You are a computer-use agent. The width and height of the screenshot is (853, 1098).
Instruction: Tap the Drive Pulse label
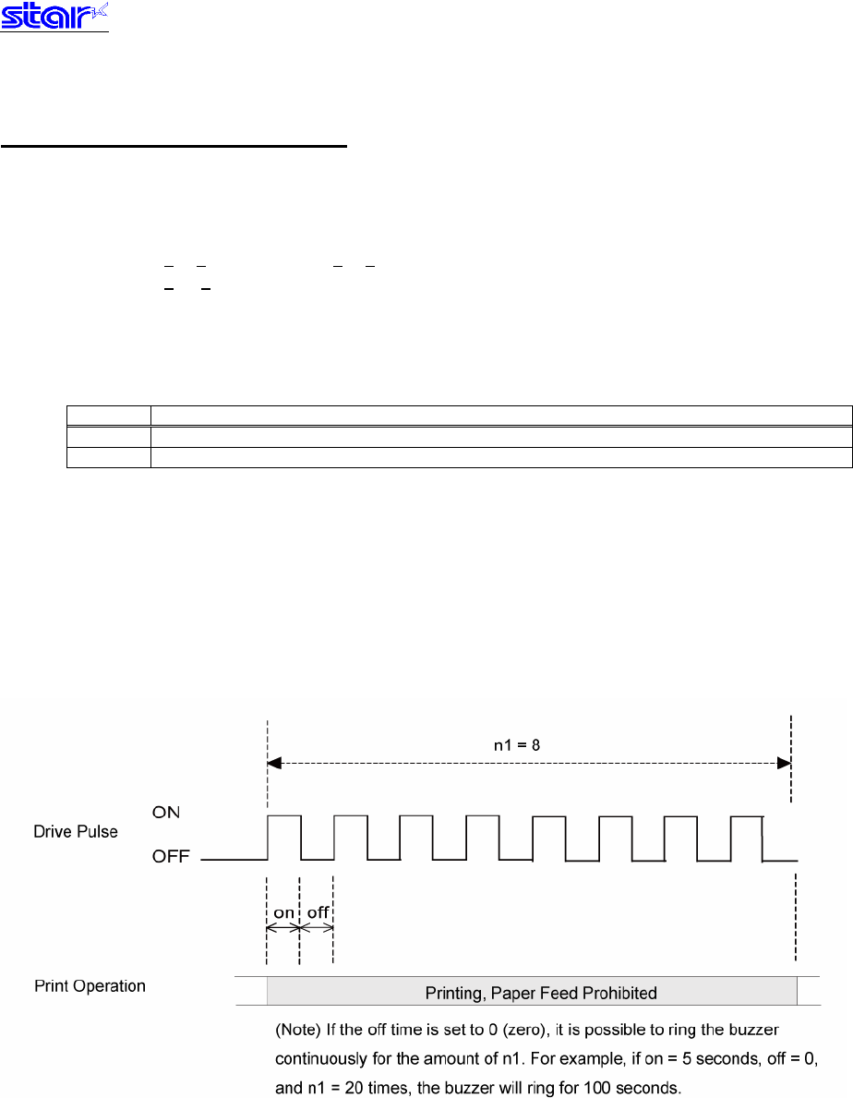(x=76, y=832)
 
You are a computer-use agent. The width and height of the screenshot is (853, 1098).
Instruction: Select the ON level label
(x=166, y=812)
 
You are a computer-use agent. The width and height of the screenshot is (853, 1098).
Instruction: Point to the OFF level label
(x=171, y=858)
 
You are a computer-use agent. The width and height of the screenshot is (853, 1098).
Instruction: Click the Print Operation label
(x=90, y=986)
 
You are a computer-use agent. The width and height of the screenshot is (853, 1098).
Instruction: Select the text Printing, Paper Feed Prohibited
(x=541, y=994)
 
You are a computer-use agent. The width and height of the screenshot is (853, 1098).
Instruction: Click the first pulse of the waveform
(x=284, y=836)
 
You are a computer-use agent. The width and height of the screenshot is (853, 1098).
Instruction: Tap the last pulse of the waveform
(x=747, y=836)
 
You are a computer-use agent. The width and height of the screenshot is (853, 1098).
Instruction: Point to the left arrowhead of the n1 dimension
(x=274, y=763)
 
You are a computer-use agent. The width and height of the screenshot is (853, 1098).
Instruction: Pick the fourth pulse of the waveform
(x=483, y=836)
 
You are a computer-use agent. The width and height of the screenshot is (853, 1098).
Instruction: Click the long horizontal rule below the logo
(x=175, y=145)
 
